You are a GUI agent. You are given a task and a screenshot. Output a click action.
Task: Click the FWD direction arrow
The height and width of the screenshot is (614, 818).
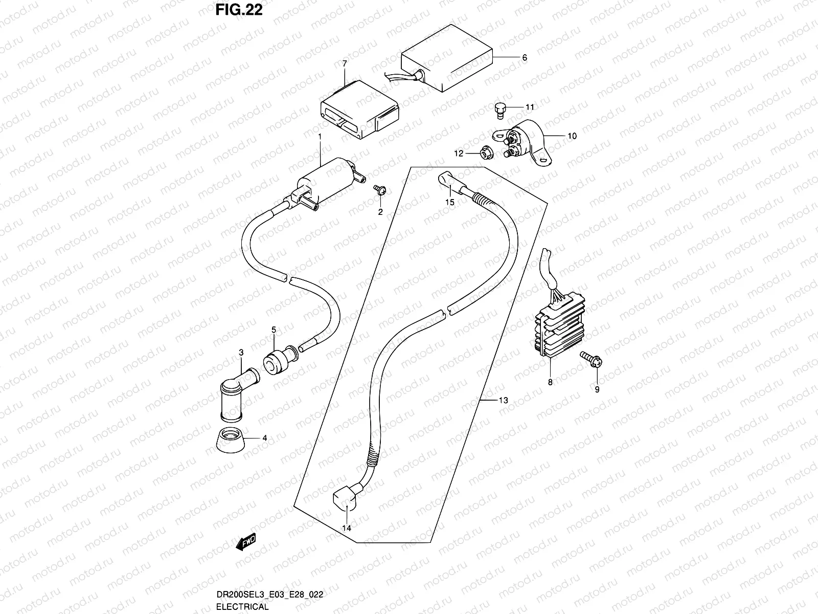[x=245, y=542]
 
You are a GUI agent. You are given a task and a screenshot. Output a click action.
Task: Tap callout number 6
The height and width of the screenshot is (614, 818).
[x=524, y=58]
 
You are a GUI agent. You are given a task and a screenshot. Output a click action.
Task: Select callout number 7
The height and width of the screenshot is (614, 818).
[x=345, y=63]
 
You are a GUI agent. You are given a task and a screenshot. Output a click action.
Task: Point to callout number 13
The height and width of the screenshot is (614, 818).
[x=504, y=400]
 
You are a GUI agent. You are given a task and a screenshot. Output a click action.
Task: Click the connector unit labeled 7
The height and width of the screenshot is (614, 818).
[x=358, y=110]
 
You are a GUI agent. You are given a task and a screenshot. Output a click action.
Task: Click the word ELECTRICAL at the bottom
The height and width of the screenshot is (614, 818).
[x=242, y=607]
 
